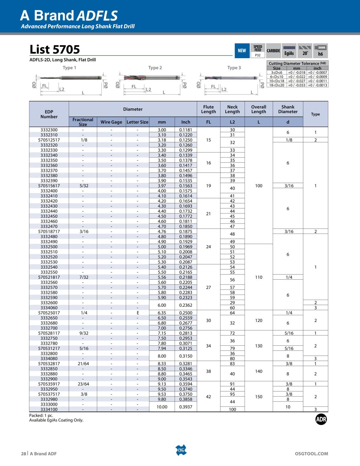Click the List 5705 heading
click(55, 49)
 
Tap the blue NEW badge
click(242, 51)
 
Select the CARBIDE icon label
click(273, 51)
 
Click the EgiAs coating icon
click(289, 51)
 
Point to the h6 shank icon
click(320, 51)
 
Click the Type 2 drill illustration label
click(155, 68)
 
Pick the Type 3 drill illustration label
click(234, 68)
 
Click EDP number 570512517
click(49, 140)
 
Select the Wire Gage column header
click(111, 122)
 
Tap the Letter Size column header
click(137, 122)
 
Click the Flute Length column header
click(208, 109)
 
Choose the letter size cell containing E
click(138, 313)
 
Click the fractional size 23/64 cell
click(83, 384)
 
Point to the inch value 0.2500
click(186, 313)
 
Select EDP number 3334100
click(49, 410)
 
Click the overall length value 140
click(259, 371)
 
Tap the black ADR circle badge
click(321, 419)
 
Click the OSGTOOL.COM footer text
click(311, 454)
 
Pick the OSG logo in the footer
click(181, 450)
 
